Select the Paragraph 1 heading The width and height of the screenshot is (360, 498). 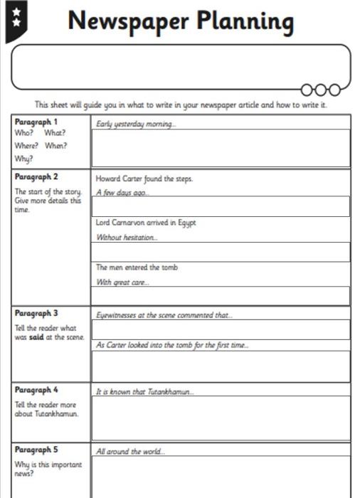(36, 122)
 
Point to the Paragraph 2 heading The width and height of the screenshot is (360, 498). (36, 177)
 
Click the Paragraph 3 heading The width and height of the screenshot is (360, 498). (36, 314)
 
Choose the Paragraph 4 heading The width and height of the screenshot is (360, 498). (36, 391)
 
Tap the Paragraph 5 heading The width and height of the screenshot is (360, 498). (36, 450)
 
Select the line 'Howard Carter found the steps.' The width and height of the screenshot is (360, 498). (144, 179)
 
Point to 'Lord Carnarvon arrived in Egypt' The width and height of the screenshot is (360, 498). (146, 223)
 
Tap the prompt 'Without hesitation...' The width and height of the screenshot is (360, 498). (127, 237)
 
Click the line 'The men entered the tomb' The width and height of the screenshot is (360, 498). (137, 268)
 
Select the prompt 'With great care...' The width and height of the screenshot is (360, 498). (123, 282)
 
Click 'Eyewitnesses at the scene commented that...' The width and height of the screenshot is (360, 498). (164, 314)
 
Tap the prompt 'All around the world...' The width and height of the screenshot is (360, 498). (131, 451)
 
